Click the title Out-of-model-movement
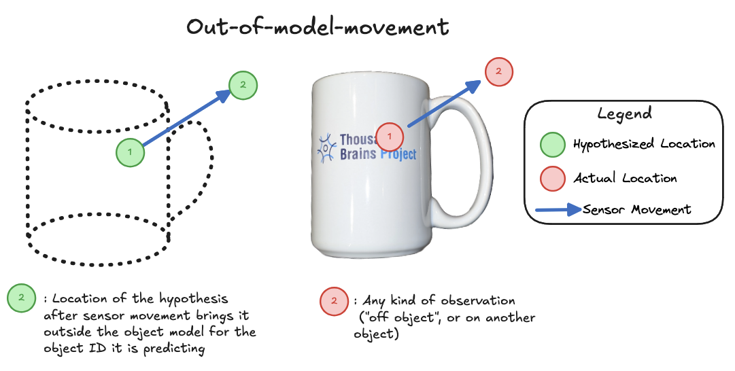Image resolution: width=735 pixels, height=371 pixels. [318, 27]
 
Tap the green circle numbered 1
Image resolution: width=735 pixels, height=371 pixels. [130, 152]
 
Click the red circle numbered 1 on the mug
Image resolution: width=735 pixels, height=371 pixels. [390, 136]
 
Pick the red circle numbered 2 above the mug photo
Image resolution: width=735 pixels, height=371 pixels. [499, 71]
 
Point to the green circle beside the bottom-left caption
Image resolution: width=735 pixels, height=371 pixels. [21, 297]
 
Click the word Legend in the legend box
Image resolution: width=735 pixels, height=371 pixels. [624, 113]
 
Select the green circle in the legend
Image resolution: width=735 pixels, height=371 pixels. [552, 144]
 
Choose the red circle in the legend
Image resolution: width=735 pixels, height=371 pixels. [552, 178]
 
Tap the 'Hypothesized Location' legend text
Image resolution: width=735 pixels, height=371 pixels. [644, 144]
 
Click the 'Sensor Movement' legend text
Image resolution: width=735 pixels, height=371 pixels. [637, 209]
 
